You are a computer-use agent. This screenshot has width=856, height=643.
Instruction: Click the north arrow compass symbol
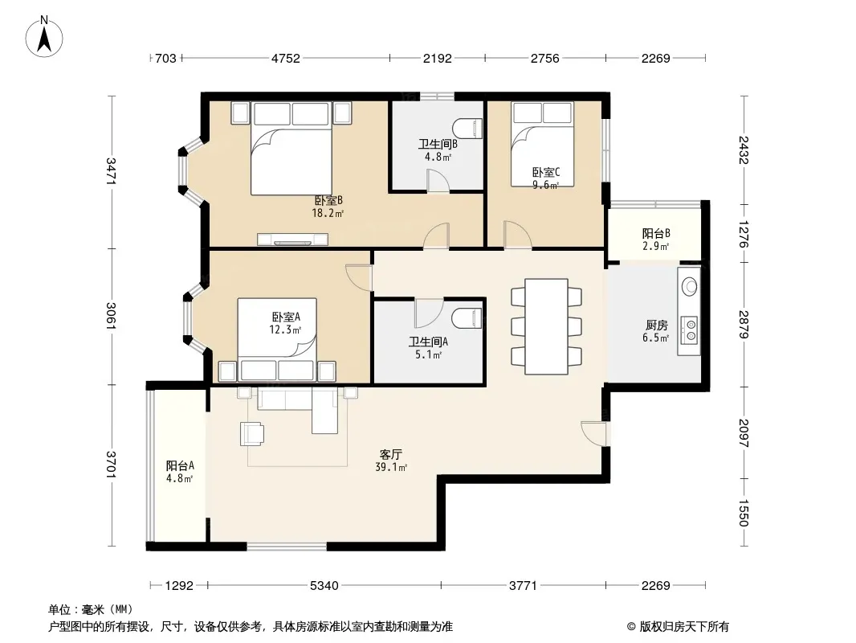click(44, 37)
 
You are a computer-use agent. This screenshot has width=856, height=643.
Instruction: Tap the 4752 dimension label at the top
click(286, 59)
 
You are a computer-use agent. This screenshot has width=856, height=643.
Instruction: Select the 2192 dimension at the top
click(438, 59)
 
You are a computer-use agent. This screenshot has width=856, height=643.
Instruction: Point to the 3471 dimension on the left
click(111, 171)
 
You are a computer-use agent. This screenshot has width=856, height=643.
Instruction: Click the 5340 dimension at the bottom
click(324, 586)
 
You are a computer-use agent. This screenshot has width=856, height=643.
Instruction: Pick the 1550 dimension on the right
click(744, 513)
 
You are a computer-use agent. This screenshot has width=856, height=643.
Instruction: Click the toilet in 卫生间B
click(469, 129)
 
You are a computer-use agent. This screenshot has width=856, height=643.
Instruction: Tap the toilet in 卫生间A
click(469, 318)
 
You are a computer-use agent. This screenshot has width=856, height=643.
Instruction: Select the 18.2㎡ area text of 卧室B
click(328, 214)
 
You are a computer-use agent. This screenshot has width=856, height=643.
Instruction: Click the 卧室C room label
click(546, 173)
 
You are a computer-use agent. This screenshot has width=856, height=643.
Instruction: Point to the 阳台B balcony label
click(656, 234)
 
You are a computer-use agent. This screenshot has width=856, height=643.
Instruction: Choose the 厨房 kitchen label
click(655, 326)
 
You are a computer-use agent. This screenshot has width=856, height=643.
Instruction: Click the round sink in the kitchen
click(690, 286)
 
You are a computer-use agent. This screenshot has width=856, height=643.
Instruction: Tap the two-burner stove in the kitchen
click(691, 330)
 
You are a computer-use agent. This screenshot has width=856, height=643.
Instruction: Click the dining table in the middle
click(546, 326)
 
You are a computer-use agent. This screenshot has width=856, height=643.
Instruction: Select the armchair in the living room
click(252, 434)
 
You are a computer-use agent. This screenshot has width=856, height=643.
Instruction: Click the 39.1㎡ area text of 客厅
click(391, 467)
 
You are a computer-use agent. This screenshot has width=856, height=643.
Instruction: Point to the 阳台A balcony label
click(180, 466)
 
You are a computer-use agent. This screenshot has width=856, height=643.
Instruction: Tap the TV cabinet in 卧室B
click(292, 240)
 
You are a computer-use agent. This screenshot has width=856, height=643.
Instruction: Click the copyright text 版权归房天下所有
click(684, 627)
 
